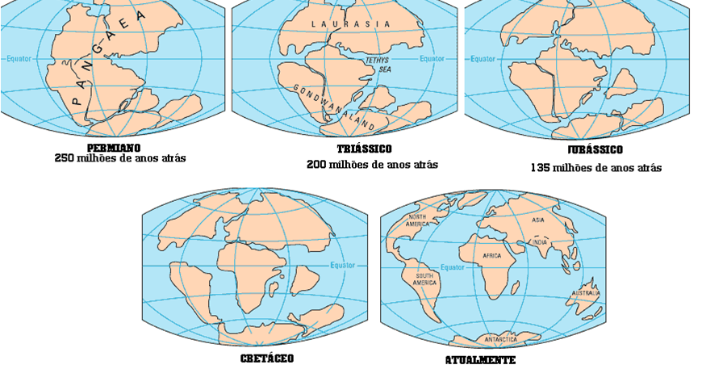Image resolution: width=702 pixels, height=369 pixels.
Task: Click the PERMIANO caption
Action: [114, 148]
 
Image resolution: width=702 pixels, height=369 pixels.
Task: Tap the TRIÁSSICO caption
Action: [365, 149]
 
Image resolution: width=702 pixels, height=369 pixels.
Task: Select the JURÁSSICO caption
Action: [595, 150]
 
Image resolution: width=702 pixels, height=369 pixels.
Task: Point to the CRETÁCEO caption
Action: [267, 358]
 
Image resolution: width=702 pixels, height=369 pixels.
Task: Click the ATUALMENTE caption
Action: [480, 360]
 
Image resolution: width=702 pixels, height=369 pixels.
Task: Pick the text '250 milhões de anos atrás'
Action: [120, 159]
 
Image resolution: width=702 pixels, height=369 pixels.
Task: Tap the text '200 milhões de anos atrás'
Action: [372, 165]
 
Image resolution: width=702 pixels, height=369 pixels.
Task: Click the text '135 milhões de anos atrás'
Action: [595, 168]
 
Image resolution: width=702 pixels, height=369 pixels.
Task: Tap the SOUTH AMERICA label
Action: [425, 279]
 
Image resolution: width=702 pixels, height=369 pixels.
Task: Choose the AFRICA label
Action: [492, 256]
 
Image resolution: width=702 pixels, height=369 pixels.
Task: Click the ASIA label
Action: [538, 220]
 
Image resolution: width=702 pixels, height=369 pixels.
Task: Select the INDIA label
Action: [538, 242]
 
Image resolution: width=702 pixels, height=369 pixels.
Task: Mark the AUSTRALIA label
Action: [587, 293]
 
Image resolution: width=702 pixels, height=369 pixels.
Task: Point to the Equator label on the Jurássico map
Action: [483, 58]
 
